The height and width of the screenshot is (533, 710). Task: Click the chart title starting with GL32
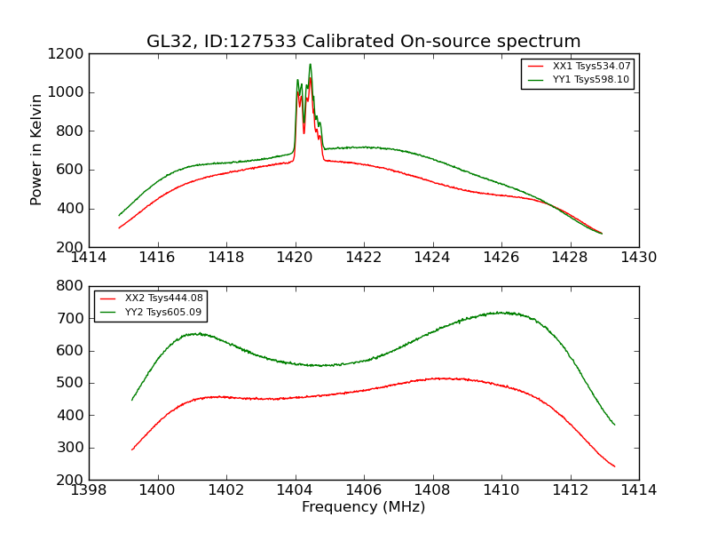[363, 42]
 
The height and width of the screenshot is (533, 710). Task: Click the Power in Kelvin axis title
[36, 149]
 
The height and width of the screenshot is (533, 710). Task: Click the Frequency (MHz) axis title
[363, 507]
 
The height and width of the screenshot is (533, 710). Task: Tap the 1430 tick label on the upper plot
[638, 258]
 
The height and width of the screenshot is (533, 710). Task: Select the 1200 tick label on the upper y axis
[67, 54]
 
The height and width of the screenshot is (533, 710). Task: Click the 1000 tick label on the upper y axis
[67, 92]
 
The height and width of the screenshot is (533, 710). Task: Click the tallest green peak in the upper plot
[310, 63]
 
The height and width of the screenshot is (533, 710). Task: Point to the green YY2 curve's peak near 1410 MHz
[501, 312]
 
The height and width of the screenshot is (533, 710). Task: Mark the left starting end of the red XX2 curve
[132, 449]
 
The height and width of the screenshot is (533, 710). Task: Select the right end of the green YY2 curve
[614, 425]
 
